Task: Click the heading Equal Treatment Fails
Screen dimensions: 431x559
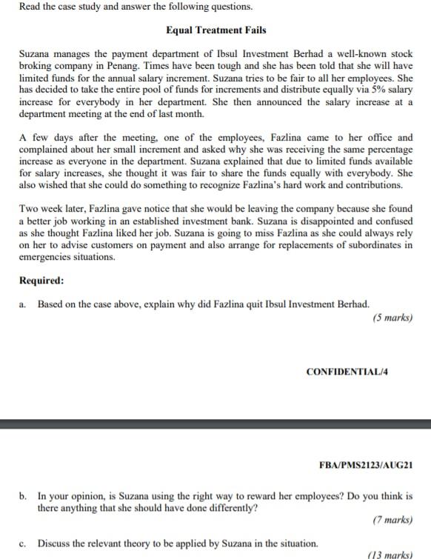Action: coord(215,30)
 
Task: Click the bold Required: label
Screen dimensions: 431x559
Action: coord(41,281)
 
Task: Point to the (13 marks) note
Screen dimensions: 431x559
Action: coord(390,554)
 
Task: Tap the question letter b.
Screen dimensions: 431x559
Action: coord(23,496)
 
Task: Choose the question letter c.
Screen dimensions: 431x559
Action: coord(23,543)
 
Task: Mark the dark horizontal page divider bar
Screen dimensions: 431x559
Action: coord(215,424)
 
